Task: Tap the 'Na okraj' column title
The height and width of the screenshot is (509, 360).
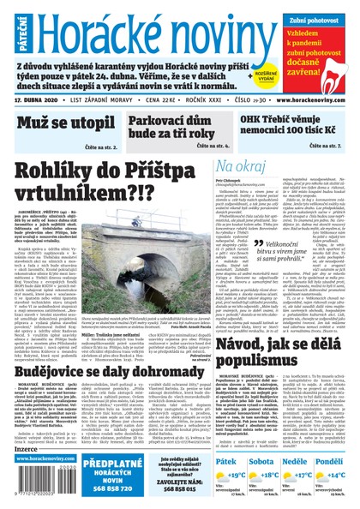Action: click(243, 165)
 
